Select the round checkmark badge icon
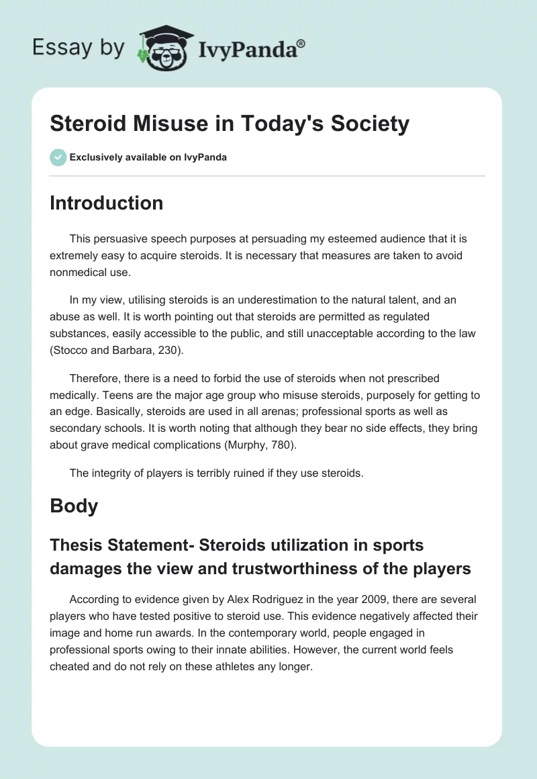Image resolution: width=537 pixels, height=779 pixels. (58, 157)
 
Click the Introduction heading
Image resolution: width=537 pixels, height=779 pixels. (106, 203)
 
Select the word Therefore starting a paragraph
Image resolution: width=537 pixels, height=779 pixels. (97, 378)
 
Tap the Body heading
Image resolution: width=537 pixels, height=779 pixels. (74, 506)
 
